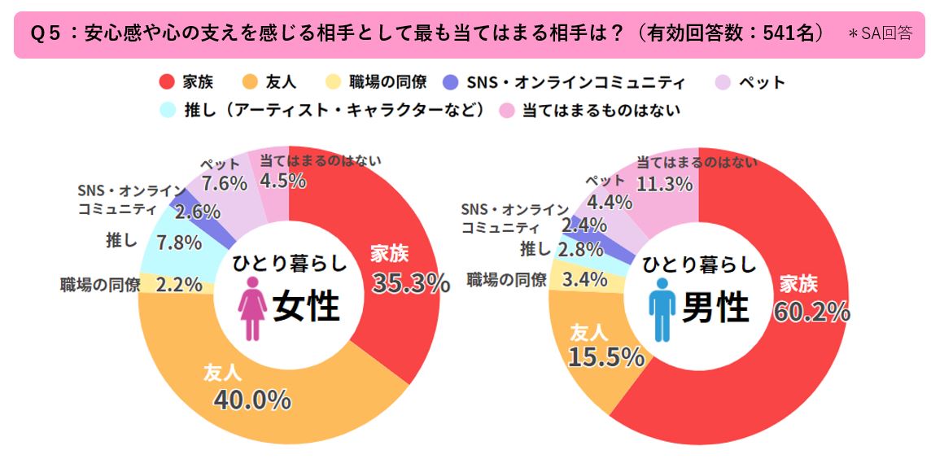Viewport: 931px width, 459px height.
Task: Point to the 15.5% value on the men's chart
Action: tap(607, 356)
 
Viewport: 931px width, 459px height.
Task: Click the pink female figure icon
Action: tap(252, 308)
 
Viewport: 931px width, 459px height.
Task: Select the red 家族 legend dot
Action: tap(168, 82)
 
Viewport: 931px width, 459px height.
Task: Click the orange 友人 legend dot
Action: tap(251, 82)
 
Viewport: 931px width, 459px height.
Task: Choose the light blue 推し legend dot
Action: tap(168, 109)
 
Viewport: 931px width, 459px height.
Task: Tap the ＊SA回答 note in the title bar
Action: tap(880, 34)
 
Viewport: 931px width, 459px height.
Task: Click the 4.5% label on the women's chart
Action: tap(282, 181)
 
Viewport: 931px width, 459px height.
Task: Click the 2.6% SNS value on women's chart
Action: tap(198, 212)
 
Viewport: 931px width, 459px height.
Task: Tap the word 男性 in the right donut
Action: tap(715, 308)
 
